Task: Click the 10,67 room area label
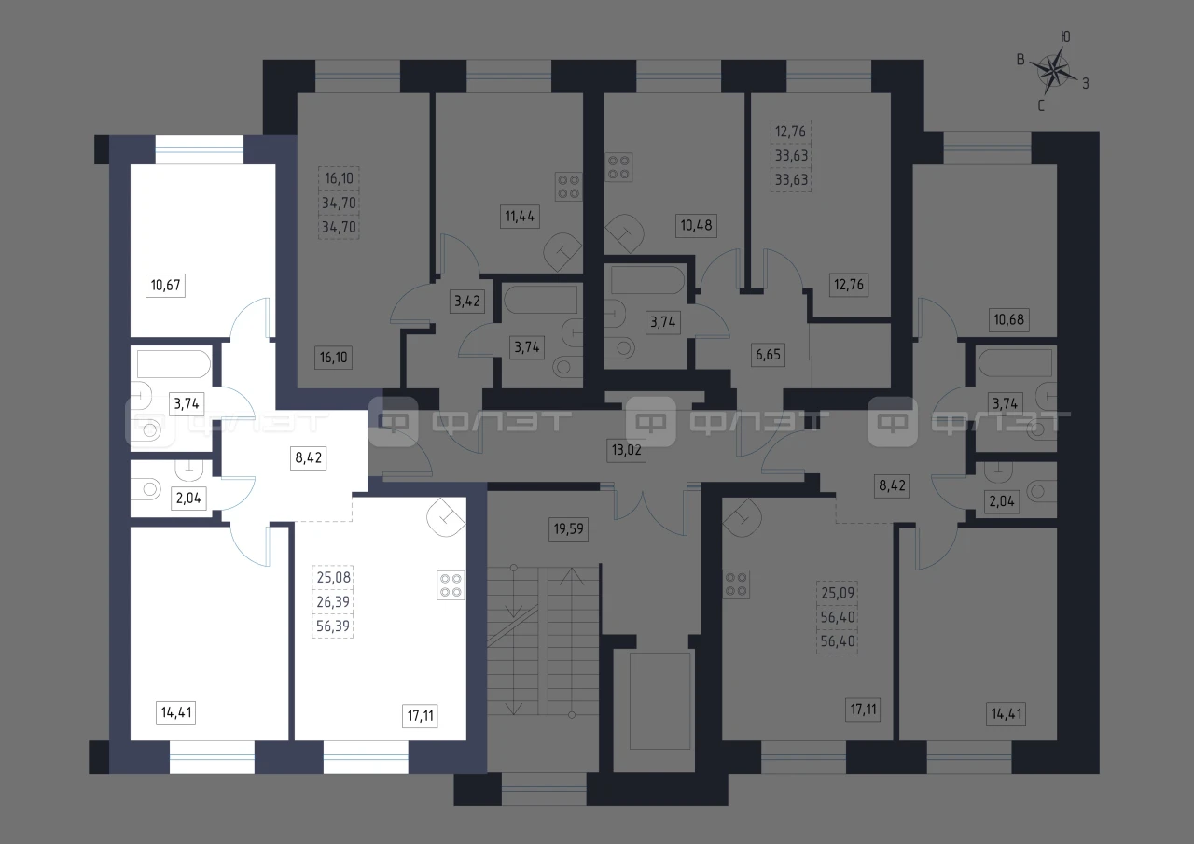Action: pyautogui.click(x=165, y=285)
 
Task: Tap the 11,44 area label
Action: pyautogui.click(x=520, y=216)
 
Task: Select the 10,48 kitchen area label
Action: pyautogui.click(x=696, y=225)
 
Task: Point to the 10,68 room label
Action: pyautogui.click(x=1008, y=319)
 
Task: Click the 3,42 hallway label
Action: pyautogui.click(x=467, y=302)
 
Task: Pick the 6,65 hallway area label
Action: pyautogui.click(x=768, y=354)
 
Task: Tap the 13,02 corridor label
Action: pyautogui.click(x=626, y=450)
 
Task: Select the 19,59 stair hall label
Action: pyautogui.click(x=569, y=529)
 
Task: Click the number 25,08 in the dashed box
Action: pyautogui.click(x=333, y=577)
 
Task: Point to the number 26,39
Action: pyautogui.click(x=333, y=602)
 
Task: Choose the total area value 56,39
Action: pyautogui.click(x=333, y=626)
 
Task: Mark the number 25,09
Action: pyautogui.click(x=838, y=593)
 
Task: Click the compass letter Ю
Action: pyautogui.click(x=1065, y=36)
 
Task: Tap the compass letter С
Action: pyautogui.click(x=1040, y=106)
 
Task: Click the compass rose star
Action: pyautogui.click(x=1053, y=71)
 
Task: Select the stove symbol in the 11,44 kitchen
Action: pyautogui.click(x=568, y=187)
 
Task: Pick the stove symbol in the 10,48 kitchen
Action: pyautogui.click(x=618, y=167)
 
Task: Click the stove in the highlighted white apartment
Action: pyautogui.click(x=451, y=585)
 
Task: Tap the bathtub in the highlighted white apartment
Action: pyautogui.click(x=174, y=364)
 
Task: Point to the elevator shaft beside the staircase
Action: pyautogui.click(x=660, y=701)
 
